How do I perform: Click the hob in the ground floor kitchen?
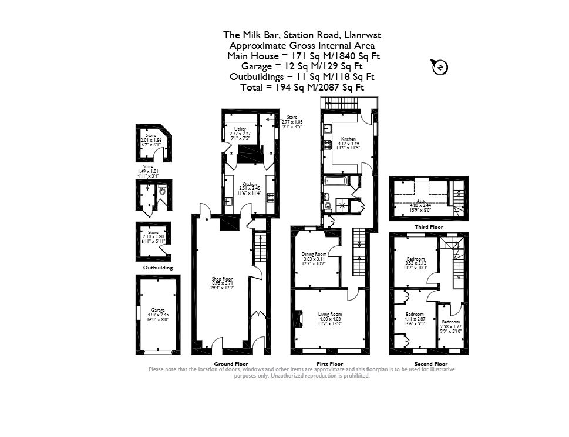coord(271,198)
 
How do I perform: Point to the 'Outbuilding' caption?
coord(158,268)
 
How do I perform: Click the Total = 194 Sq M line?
coord(302,87)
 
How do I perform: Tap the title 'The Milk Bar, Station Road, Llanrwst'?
coord(302,35)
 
